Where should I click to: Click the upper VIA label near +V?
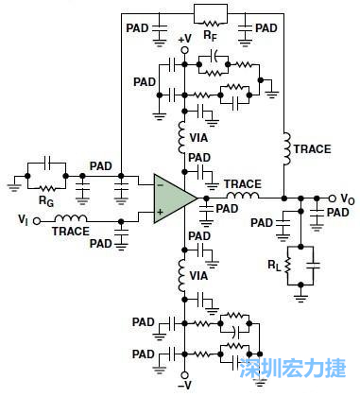[199, 136]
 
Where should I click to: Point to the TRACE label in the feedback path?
[313, 149]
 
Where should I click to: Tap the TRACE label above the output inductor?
[243, 184]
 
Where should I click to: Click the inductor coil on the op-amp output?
[243, 198]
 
